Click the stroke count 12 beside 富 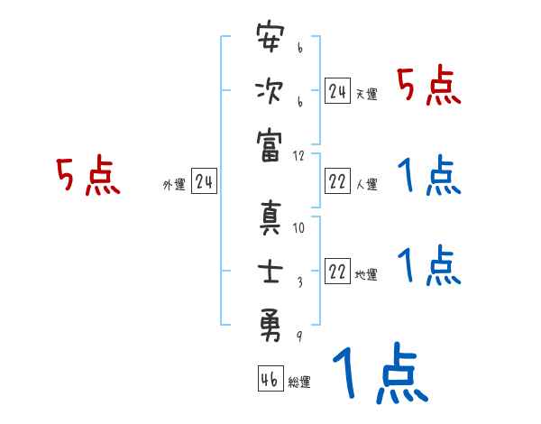click(299, 156)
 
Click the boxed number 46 click(269, 380)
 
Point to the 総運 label click(299, 383)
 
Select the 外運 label click(173, 185)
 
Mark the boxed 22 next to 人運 click(337, 181)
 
